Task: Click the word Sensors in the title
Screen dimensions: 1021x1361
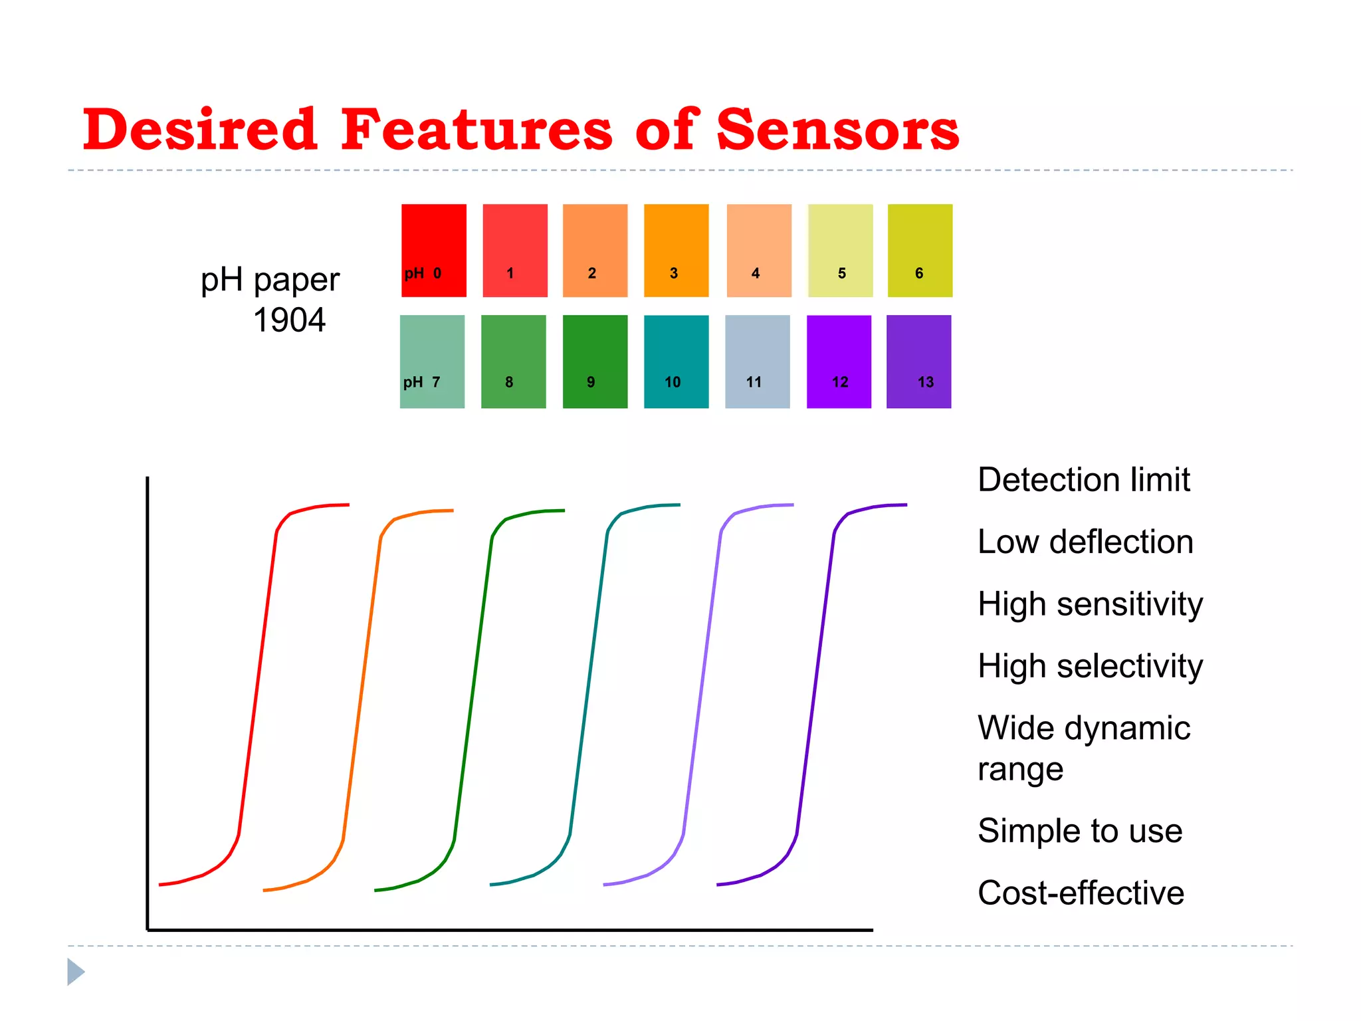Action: tap(837, 130)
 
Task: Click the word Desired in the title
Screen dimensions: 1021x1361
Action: tap(199, 130)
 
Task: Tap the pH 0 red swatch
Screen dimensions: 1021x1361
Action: tap(433, 250)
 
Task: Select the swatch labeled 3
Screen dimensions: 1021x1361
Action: tap(676, 250)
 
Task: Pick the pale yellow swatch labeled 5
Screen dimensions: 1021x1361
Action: tap(840, 250)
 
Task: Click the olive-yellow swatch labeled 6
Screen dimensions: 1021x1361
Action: tap(920, 250)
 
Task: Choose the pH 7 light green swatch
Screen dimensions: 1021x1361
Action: tap(432, 361)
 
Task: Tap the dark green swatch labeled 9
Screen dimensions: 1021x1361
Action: tap(595, 361)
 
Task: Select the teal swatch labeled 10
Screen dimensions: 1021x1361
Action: tap(676, 361)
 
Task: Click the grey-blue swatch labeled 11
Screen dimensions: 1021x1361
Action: tap(757, 361)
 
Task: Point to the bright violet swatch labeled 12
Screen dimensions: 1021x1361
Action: tap(839, 361)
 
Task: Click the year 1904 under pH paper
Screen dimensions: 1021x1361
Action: tap(289, 320)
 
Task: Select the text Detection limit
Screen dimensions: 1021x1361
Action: tap(1083, 480)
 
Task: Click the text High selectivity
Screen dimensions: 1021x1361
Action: tap(1090, 666)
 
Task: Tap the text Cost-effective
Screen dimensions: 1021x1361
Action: tap(1081, 893)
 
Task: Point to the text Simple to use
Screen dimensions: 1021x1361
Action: tap(1080, 831)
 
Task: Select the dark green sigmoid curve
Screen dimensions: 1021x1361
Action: tap(473, 685)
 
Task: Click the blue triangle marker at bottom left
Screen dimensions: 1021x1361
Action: tap(74, 972)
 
